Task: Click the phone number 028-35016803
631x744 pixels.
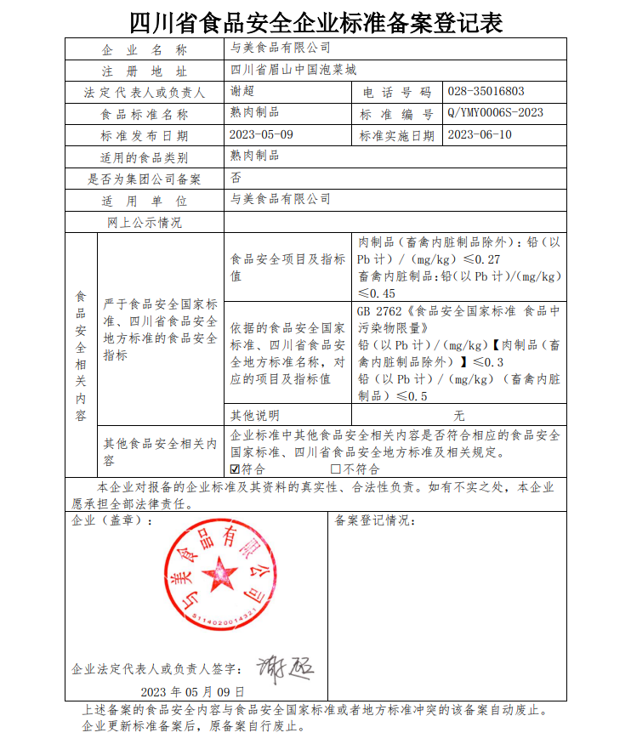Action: click(x=485, y=91)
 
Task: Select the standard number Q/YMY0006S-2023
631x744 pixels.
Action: click(x=494, y=113)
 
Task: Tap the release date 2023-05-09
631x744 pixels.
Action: click(x=261, y=135)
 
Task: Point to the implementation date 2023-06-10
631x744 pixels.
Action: click(x=479, y=135)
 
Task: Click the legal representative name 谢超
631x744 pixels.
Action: click(x=242, y=92)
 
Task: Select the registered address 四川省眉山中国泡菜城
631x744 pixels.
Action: click(x=287, y=70)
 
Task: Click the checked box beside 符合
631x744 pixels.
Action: click(x=236, y=469)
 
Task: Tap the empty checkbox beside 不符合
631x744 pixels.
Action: click(x=335, y=469)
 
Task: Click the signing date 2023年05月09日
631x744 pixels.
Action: click(x=192, y=691)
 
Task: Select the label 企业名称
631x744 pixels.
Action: click(x=144, y=49)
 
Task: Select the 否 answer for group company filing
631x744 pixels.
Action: click(x=236, y=179)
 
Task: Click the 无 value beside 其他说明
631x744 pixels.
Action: click(x=459, y=416)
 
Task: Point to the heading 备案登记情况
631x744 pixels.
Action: click(x=373, y=520)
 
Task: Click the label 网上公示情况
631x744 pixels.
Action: click(x=144, y=223)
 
